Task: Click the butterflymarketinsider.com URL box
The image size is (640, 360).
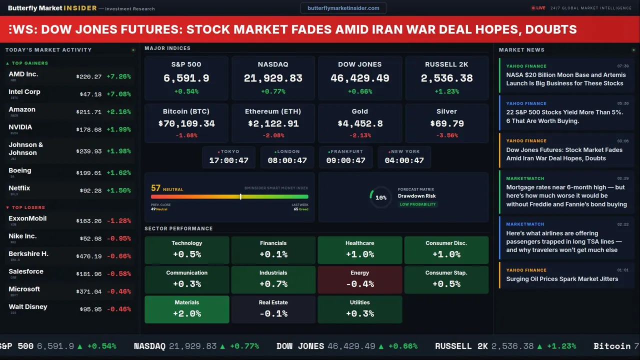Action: [x=343, y=8]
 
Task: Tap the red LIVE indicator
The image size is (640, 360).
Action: [x=538, y=8]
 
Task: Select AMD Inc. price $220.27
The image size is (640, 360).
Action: [x=88, y=76]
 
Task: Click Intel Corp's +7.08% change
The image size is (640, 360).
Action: [x=119, y=94]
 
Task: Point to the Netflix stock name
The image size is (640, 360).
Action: [x=19, y=188]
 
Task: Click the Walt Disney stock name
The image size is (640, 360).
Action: [x=28, y=306]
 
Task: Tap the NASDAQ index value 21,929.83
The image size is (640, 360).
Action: [x=273, y=78]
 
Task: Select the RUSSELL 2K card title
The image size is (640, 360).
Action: [x=446, y=64]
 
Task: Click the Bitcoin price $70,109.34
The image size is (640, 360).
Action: [x=186, y=123]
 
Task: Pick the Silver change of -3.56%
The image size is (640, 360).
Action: [x=446, y=135]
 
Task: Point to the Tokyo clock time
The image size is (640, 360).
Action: [x=228, y=160]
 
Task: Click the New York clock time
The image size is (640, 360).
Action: [x=404, y=160]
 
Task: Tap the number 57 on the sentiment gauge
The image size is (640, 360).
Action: [x=155, y=188]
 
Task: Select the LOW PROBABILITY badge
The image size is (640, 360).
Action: [x=417, y=204]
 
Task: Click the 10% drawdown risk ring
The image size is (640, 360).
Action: [x=380, y=197]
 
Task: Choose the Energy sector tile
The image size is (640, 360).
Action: [x=359, y=279]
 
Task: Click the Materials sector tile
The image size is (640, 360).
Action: [x=186, y=309]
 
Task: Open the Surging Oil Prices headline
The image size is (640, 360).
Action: [x=562, y=279]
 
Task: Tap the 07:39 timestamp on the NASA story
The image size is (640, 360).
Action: [x=622, y=66]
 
